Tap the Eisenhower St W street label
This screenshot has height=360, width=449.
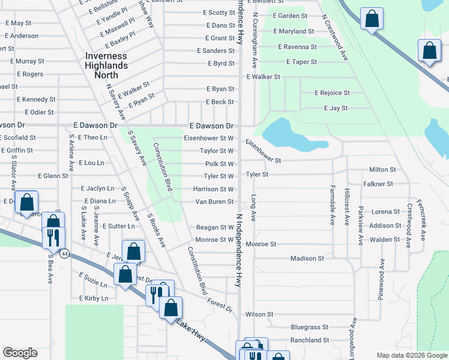click(x=208, y=138)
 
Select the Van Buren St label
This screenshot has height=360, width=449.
click(x=213, y=202)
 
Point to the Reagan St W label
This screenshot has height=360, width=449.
click(x=215, y=227)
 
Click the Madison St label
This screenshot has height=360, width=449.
click(x=307, y=259)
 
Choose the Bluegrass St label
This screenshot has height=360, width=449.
click(x=309, y=328)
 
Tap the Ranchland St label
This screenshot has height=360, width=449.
click(x=309, y=340)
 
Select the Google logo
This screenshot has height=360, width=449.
click(x=20, y=353)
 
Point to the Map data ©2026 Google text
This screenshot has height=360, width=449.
click(x=411, y=355)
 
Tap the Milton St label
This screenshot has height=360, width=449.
click(x=382, y=170)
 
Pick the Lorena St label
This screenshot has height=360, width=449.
click(x=385, y=212)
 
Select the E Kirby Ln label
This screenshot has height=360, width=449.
click(x=94, y=298)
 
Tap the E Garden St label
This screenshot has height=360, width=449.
click(x=289, y=16)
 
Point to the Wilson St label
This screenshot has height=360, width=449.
click(x=259, y=314)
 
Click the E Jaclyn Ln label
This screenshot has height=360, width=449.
click(x=97, y=189)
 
